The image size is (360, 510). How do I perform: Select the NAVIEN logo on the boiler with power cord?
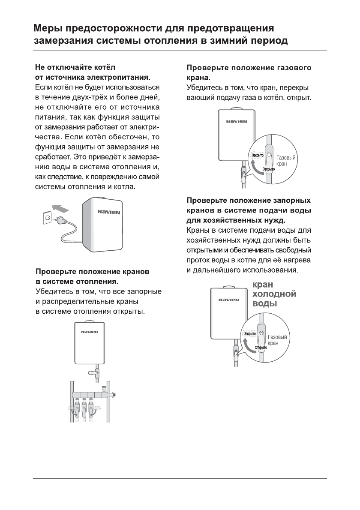click(109, 212)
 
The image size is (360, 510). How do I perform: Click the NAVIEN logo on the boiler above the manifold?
click(90, 332)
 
